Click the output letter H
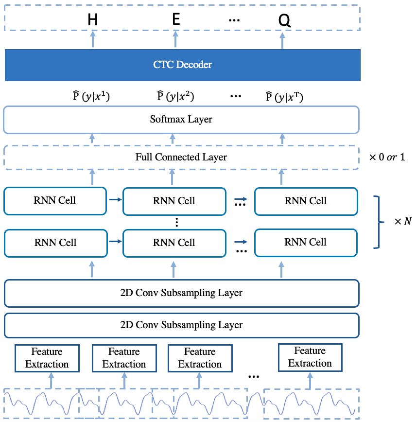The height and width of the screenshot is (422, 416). click(x=92, y=20)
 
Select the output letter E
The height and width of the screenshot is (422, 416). click(x=176, y=19)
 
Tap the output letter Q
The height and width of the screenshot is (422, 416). click(x=284, y=20)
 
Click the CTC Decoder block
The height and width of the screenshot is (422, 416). click(x=182, y=65)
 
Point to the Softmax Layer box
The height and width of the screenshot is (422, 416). click(x=181, y=120)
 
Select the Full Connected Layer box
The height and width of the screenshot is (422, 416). click(x=181, y=158)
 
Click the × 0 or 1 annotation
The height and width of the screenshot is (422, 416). click(x=387, y=157)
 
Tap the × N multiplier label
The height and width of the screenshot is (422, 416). click(x=403, y=221)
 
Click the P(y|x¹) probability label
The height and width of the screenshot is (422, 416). click(x=91, y=96)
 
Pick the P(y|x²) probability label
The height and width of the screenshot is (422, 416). click(x=175, y=96)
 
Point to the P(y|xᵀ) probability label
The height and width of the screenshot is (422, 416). click(x=284, y=97)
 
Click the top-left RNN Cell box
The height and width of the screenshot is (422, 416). click(x=55, y=201)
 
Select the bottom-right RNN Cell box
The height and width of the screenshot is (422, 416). click(x=306, y=243)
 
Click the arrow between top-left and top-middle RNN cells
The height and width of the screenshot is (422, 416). click(x=115, y=199)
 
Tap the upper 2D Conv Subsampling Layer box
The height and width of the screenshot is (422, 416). click(x=182, y=293)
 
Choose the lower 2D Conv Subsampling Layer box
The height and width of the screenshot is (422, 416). click(x=182, y=325)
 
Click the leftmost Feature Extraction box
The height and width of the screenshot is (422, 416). click(x=47, y=358)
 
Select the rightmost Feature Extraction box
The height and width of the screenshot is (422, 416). click(x=310, y=357)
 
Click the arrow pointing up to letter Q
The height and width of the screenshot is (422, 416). click(x=282, y=41)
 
